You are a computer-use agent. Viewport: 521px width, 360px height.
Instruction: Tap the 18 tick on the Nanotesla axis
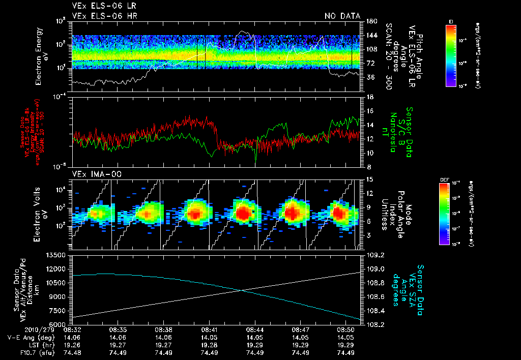click(x=370, y=97)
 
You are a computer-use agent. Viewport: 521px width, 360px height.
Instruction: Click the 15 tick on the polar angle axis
click(x=370, y=179)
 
